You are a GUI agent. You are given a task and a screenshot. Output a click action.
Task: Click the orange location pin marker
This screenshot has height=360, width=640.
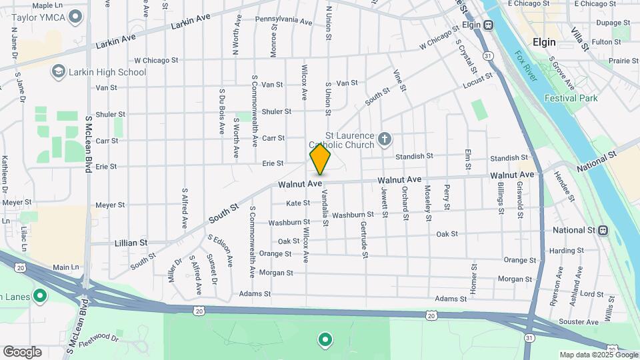click(320, 159)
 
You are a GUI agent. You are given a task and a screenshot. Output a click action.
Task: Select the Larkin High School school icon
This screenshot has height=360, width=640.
click(59, 71)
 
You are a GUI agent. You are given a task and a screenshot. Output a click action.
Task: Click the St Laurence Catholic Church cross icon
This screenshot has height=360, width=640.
click(384, 139)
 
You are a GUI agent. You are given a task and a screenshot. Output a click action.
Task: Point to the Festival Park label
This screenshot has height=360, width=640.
click(571, 98)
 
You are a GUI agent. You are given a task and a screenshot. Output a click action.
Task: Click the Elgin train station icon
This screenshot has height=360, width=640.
click(489, 25)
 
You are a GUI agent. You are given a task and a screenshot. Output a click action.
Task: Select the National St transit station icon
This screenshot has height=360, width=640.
click(603, 230)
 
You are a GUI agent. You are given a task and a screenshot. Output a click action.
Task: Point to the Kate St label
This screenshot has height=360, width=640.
click(298, 203)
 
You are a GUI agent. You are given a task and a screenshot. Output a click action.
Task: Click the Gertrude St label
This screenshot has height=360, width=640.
click(364, 238)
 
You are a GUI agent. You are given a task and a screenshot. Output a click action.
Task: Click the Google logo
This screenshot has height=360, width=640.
click(22, 352)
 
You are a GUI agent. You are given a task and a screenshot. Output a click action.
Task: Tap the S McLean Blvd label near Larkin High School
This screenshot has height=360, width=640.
click(87, 144)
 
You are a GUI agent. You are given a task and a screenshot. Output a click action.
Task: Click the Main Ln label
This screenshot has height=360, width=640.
click(66, 267)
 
